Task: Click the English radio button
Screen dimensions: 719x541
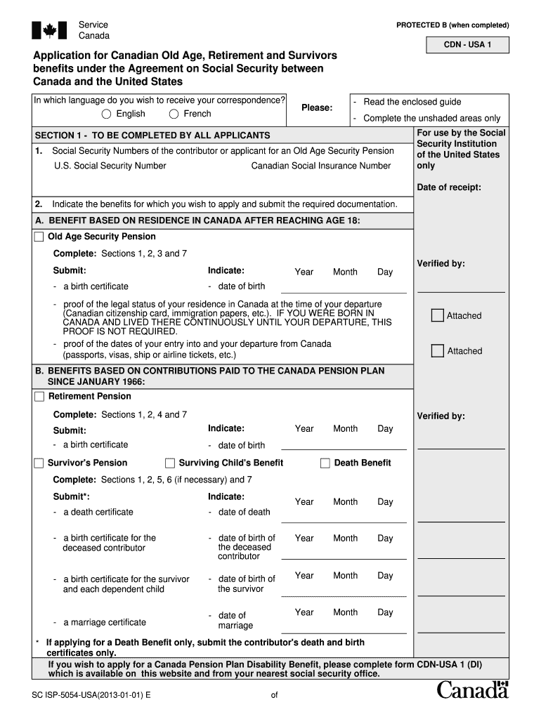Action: (x=106, y=114)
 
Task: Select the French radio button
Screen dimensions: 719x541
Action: (x=174, y=114)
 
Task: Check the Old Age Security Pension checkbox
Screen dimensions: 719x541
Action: (x=39, y=237)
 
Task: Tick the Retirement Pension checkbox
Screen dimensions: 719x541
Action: (x=39, y=397)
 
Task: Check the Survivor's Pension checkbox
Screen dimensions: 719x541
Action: (x=39, y=463)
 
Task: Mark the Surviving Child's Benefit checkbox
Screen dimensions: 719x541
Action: (x=170, y=463)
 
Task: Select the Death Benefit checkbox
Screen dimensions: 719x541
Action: (x=325, y=463)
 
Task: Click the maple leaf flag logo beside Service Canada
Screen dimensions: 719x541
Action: (x=49, y=30)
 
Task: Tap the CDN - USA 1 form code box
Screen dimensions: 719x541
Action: (x=467, y=46)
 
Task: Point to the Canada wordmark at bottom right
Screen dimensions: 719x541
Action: (x=472, y=690)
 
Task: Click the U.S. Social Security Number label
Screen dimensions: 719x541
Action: (x=110, y=166)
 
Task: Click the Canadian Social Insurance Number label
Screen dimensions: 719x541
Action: (x=320, y=166)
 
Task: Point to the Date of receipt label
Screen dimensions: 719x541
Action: (x=449, y=187)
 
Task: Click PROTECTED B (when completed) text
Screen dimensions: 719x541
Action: (x=452, y=25)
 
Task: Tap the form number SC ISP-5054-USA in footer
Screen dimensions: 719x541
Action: (x=91, y=695)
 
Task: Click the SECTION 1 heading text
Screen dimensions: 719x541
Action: (x=152, y=135)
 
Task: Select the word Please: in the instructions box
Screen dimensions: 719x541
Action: (x=317, y=107)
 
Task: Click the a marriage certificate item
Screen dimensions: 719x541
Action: (x=104, y=622)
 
